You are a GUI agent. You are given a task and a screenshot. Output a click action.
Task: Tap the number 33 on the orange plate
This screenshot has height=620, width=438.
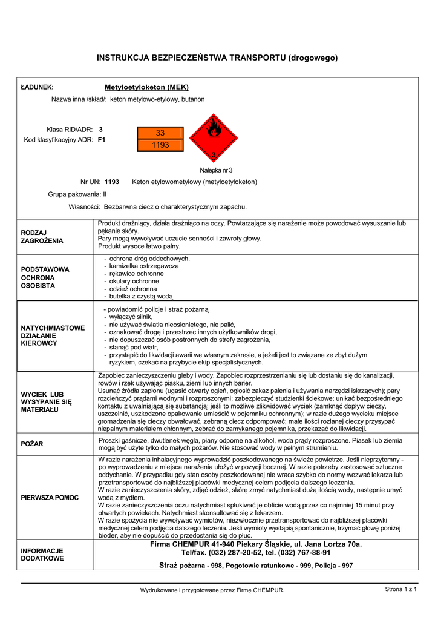[160, 133]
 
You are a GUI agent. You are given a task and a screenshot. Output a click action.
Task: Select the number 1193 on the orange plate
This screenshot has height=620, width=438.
[160, 145]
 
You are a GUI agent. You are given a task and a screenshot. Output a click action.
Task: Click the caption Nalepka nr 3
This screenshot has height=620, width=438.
[216, 170]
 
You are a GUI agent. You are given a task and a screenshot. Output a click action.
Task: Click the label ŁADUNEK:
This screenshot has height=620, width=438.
[38, 87]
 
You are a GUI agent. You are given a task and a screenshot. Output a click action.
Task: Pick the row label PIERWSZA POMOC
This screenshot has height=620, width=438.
[50, 497]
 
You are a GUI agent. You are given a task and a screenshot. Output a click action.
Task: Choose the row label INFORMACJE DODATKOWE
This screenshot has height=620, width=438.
[42, 555]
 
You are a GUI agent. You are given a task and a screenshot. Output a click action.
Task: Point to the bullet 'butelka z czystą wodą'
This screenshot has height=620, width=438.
[140, 297]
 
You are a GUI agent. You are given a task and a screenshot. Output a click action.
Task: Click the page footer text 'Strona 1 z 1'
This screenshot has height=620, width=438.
[401, 589]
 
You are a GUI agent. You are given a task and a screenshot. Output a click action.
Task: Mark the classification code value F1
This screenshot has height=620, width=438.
[102, 140]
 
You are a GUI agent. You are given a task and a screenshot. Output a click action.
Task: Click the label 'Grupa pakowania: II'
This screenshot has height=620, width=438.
[77, 194]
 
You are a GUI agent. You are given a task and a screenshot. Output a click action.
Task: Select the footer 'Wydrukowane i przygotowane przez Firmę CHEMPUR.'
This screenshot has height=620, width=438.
[212, 590]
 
